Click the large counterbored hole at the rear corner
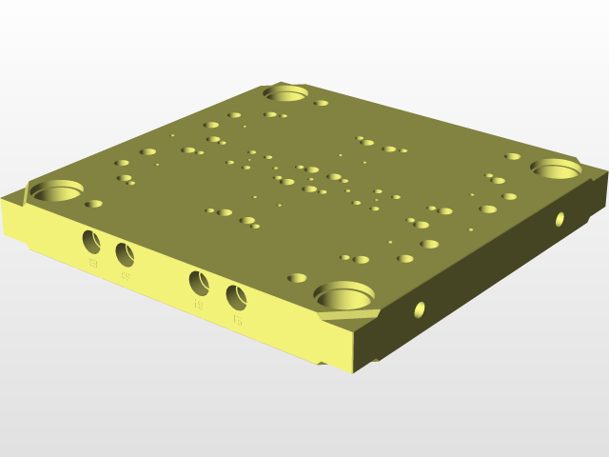point(285,93)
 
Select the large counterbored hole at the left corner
point(57,190)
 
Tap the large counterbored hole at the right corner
point(556,169)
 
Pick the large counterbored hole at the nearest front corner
point(344,294)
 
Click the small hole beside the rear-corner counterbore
point(322,103)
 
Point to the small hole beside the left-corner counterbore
point(93,204)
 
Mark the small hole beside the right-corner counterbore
point(513,156)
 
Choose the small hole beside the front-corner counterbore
point(297,278)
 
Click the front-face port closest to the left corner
point(92,240)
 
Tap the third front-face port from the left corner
point(199,283)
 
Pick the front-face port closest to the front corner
point(236,296)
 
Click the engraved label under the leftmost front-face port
point(93,263)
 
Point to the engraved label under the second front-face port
point(126,277)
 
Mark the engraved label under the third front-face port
point(199,307)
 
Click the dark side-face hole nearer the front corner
point(419,309)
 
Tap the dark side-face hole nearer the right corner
point(560,219)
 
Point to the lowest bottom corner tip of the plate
point(354,369)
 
